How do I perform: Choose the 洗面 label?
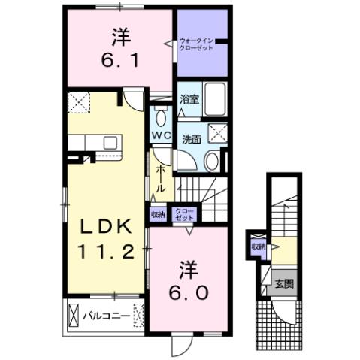(x=191, y=139)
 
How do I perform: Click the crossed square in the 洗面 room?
(x=218, y=135)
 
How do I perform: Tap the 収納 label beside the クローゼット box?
(x=158, y=213)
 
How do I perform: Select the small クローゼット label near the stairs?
(x=183, y=214)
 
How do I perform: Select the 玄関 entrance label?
(x=283, y=283)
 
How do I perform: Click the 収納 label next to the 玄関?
(x=259, y=247)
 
